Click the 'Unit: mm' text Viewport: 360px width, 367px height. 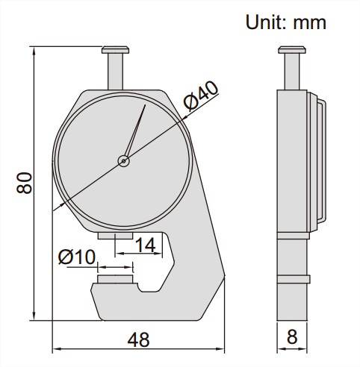pyautogui.click(x=286, y=22)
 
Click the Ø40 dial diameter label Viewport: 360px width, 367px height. pyautogui.click(x=201, y=96)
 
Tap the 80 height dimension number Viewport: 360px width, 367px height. pyautogui.click(x=25, y=183)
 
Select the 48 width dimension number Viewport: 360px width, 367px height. pyautogui.click(x=138, y=339)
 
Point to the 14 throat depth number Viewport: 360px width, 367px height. pyautogui.click(x=145, y=245)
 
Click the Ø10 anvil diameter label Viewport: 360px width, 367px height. pyautogui.click(x=77, y=257)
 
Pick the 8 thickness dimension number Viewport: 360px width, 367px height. pyautogui.click(x=292, y=337)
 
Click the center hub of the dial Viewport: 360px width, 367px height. pyautogui.click(x=124, y=161)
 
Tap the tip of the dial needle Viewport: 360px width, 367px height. pyautogui.click(x=145, y=105)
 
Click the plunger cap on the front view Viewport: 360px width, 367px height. pyautogui.click(x=115, y=50)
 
